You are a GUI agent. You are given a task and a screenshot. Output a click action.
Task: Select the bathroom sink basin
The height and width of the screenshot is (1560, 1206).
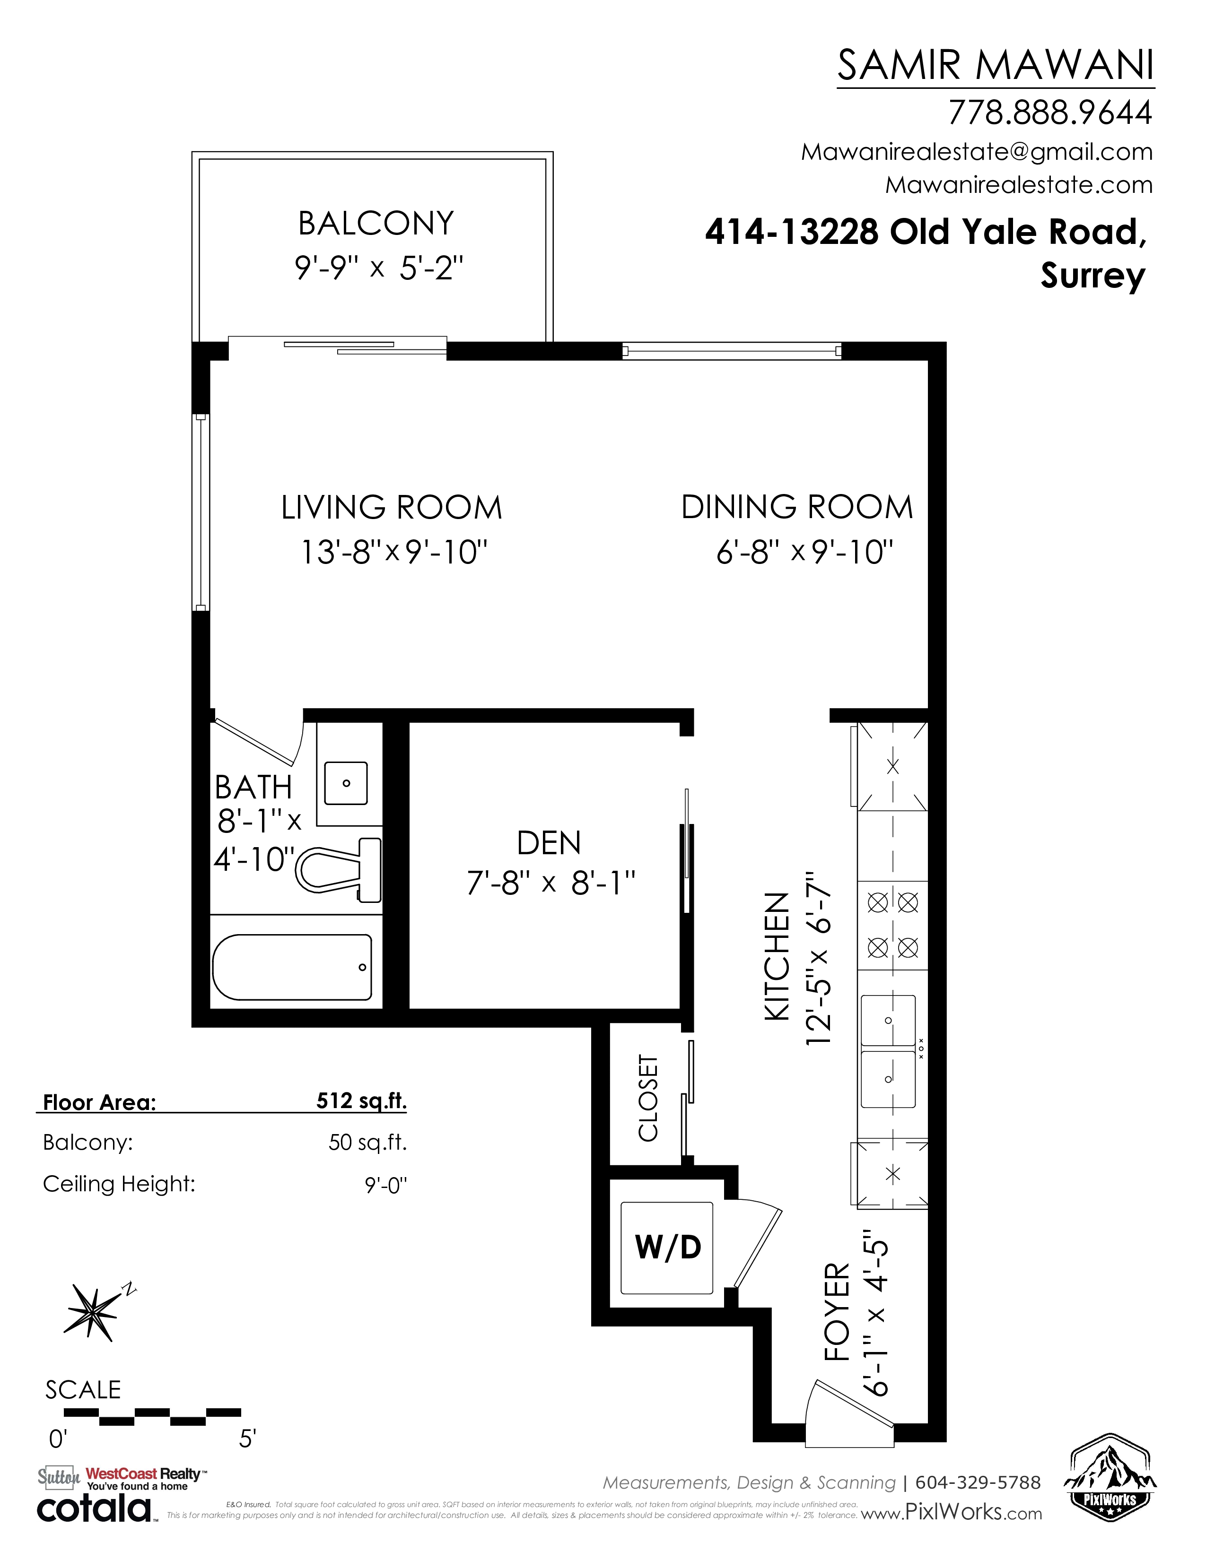pyautogui.click(x=346, y=783)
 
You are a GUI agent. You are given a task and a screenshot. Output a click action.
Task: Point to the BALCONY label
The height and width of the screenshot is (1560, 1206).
pyautogui.click(x=376, y=224)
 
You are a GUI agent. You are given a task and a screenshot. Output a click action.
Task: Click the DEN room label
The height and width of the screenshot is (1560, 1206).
pyautogui.click(x=549, y=843)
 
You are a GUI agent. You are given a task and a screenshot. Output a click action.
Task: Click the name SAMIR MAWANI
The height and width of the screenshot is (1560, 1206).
pyautogui.click(x=995, y=65)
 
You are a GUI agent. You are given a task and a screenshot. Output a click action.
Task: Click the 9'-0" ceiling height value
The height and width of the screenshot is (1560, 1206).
pyautogui.click(x=386, y=1185)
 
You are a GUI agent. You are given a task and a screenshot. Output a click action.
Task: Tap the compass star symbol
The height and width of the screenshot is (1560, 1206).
pyautogui.click(x=93, y=1311)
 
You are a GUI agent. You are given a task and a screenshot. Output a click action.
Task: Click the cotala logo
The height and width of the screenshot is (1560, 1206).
pyautogui.click(x=95, y=1508)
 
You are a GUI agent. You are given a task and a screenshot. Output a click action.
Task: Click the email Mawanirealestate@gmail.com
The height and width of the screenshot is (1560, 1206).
pyautogui.click(x=977, y=152)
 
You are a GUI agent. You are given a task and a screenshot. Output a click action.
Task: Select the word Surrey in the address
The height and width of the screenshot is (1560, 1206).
pyautogui.click(x=1092, y=276)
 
